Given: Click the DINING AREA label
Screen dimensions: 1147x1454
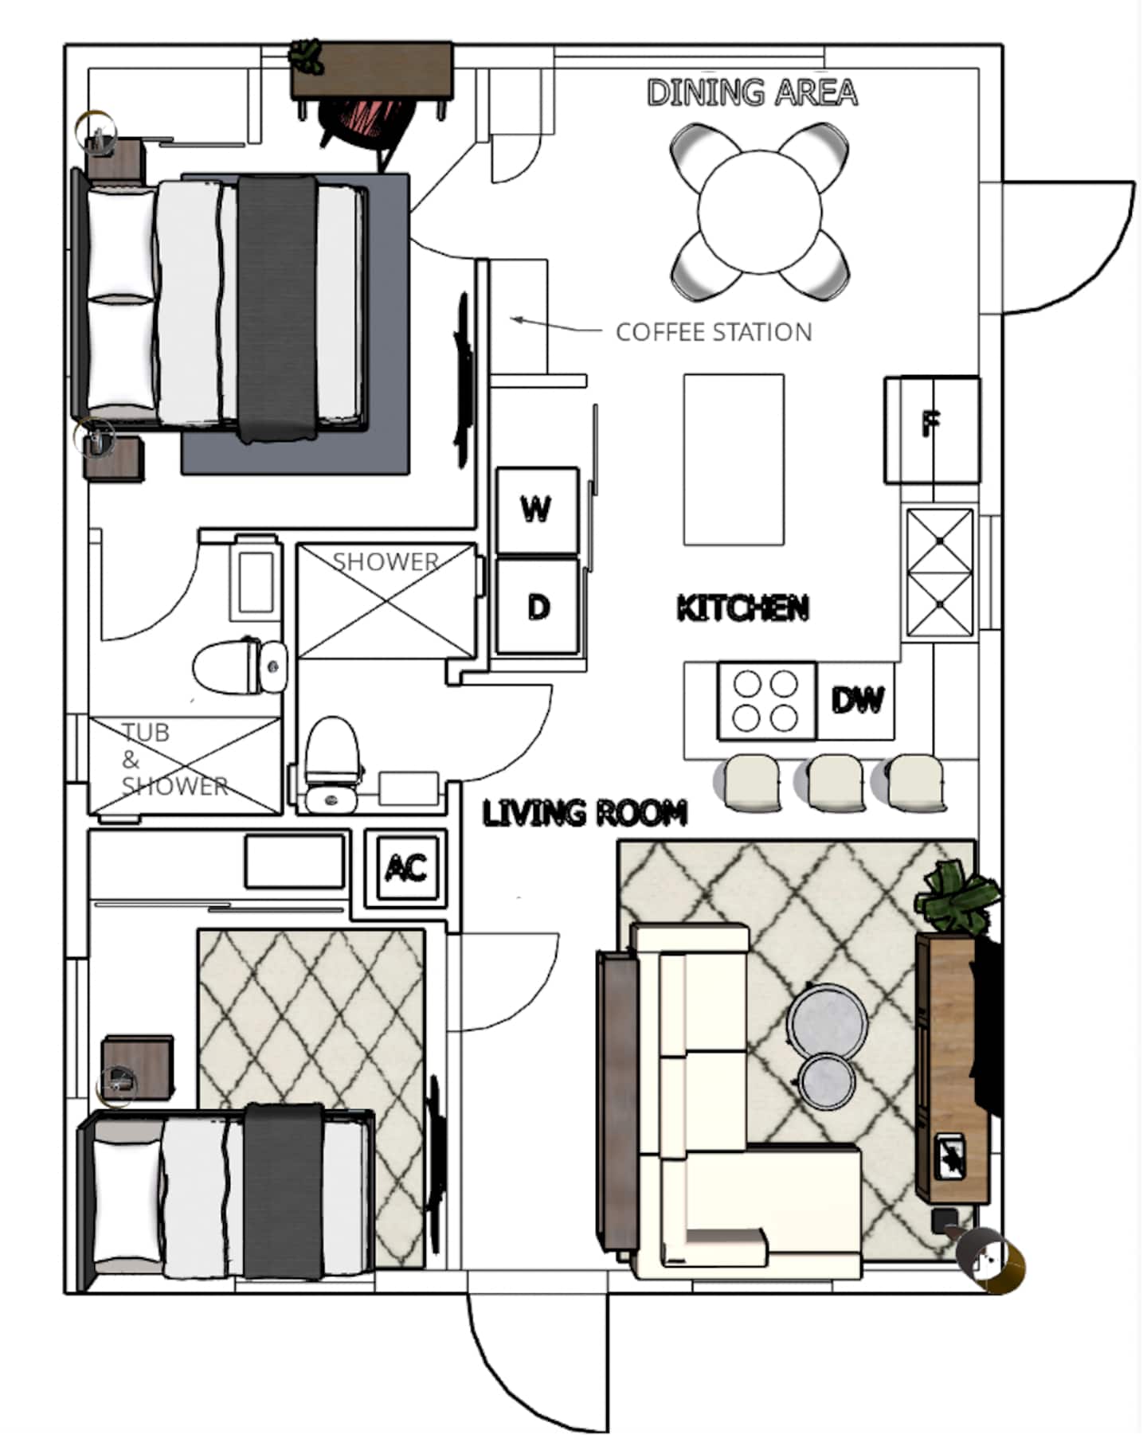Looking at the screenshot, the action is click(752, 92).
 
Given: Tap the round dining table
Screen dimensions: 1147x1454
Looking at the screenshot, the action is click(759, 212).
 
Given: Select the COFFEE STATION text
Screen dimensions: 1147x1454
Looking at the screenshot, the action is click(714, 332).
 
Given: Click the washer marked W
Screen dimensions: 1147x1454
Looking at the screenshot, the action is click(537, 510).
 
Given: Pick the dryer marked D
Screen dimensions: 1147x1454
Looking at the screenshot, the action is click(538, 607).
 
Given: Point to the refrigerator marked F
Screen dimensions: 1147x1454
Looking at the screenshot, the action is click(932, 430).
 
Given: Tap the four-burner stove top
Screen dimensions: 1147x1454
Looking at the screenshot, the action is click(766, 701).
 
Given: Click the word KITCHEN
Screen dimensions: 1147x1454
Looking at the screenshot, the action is click(742, 608).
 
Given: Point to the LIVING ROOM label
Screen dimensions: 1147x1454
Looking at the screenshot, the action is click(585, 813).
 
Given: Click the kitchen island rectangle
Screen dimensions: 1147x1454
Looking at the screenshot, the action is click(734, 459).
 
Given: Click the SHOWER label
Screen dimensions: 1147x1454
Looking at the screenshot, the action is click(386, 562).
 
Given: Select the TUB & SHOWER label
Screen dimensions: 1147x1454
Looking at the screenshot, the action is click(174, 759).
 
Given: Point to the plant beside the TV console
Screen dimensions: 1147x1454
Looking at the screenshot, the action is click(957, 896).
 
